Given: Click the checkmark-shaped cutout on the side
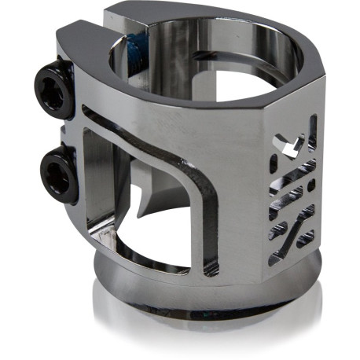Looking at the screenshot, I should (292, 149).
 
